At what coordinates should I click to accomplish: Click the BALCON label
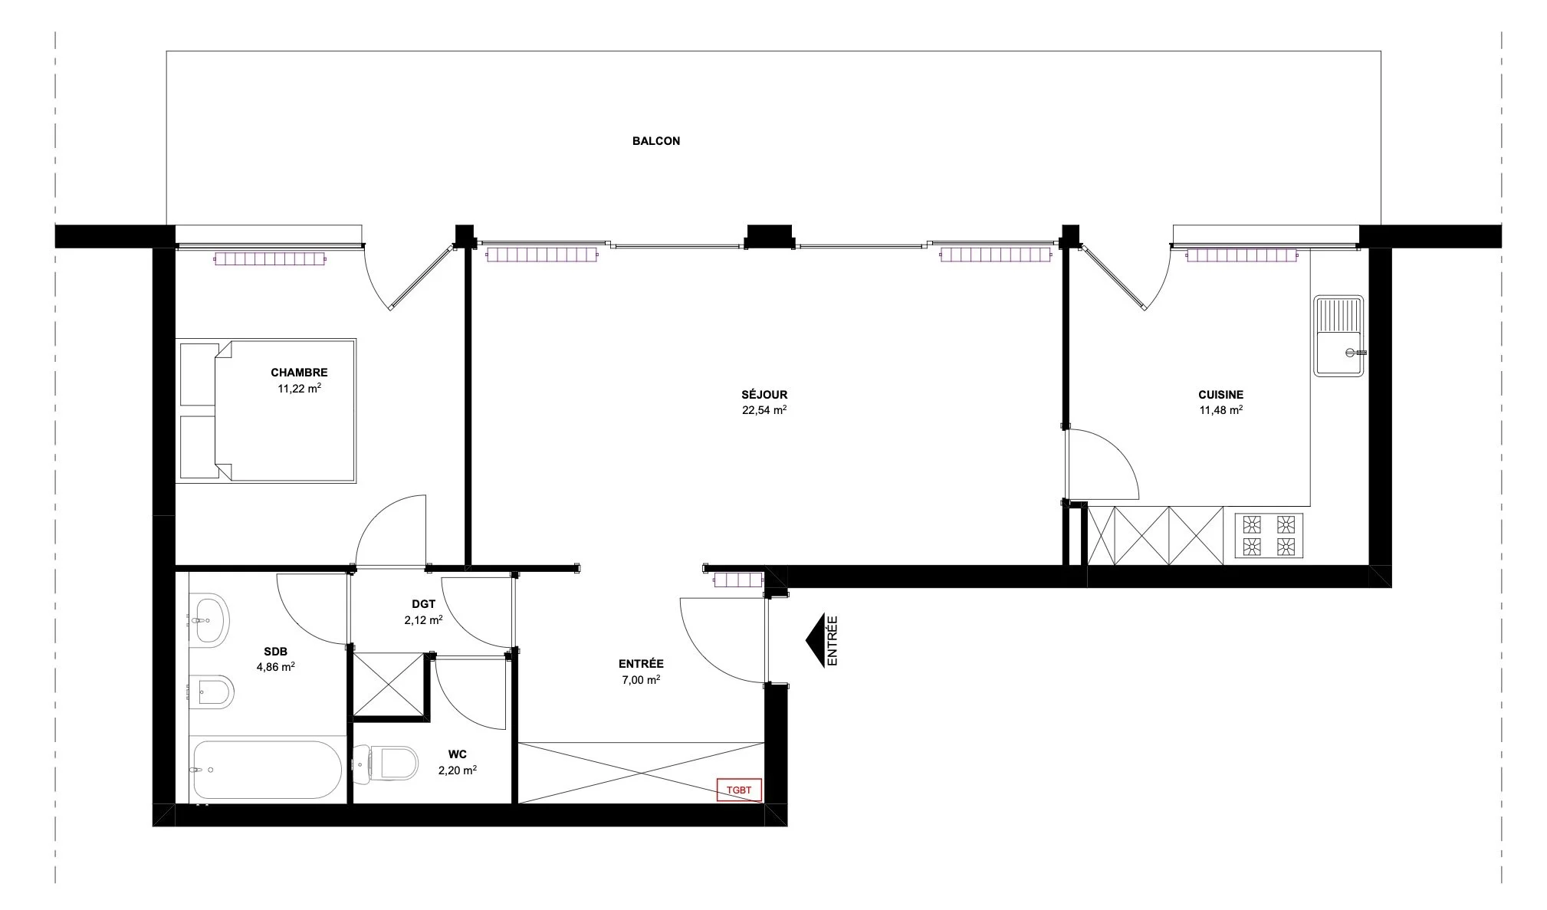click(x=655, y=141)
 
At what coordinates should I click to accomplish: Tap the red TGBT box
click(x=739, y=790)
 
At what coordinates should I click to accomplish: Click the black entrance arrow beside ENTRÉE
click(x=814, y=641)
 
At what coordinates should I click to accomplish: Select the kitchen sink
click(x=1338, y=336)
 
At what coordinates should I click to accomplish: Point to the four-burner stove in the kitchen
click(x=1268, y=535)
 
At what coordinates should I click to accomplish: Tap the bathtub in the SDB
click(x=266, y=770)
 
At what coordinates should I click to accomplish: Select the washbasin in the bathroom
click(x=211, y=619)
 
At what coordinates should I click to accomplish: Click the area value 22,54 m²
click(x=764, y=410)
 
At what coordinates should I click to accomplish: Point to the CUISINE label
click(x=1220, y=395)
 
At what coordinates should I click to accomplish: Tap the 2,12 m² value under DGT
click(x=423, y=620)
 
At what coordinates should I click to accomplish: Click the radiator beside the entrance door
click(x=738, y=580)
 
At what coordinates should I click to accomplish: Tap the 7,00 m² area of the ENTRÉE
click(x=641, y=680)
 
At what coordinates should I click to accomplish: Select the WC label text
click(x=457, y=755)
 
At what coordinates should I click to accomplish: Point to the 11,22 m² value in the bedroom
click(x=299, y=389)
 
